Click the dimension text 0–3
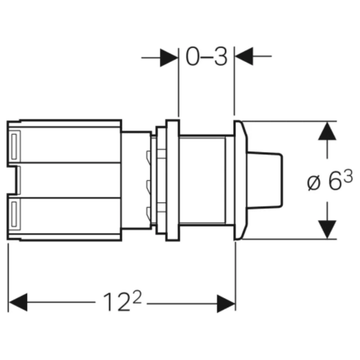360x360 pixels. coord(207,57)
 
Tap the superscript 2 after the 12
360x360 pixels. coord(137,297)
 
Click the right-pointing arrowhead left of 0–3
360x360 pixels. coord(169,57)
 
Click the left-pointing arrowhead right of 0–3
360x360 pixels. coord(243,57)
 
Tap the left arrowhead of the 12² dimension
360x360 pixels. coord(18,303)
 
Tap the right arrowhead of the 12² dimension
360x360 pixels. coord(226,303)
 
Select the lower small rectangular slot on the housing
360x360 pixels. coord(14,215)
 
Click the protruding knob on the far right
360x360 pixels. coord(265,180)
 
